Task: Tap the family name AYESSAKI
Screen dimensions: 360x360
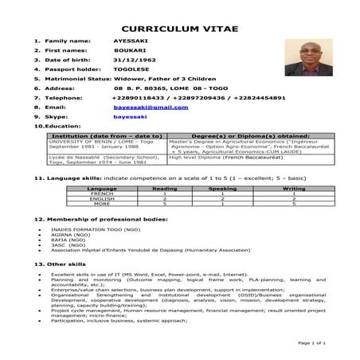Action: (x=131, y=39)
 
